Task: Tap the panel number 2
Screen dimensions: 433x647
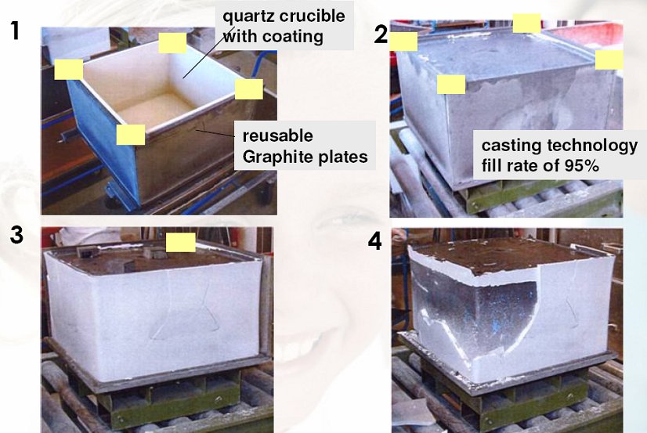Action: (x=381, y=34)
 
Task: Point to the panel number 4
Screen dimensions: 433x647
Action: (x=375, y=241)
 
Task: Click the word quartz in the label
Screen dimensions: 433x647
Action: (x=246, y=16)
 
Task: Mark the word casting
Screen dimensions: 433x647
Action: (x=508, y=145)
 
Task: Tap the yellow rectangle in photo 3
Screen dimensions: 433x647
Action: (x=180, y=243)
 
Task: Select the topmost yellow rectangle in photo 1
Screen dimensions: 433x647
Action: (x=172, y=43)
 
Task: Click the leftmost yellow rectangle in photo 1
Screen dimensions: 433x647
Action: (x=68, y=70)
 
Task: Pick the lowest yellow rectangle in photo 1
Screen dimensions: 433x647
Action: (x=131, y=135)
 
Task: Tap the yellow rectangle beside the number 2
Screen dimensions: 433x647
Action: (x=403, y=41)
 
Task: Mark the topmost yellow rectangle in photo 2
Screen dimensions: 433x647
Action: (x=526, y=23)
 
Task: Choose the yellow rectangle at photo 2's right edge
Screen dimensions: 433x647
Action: (x=609, y=60)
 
